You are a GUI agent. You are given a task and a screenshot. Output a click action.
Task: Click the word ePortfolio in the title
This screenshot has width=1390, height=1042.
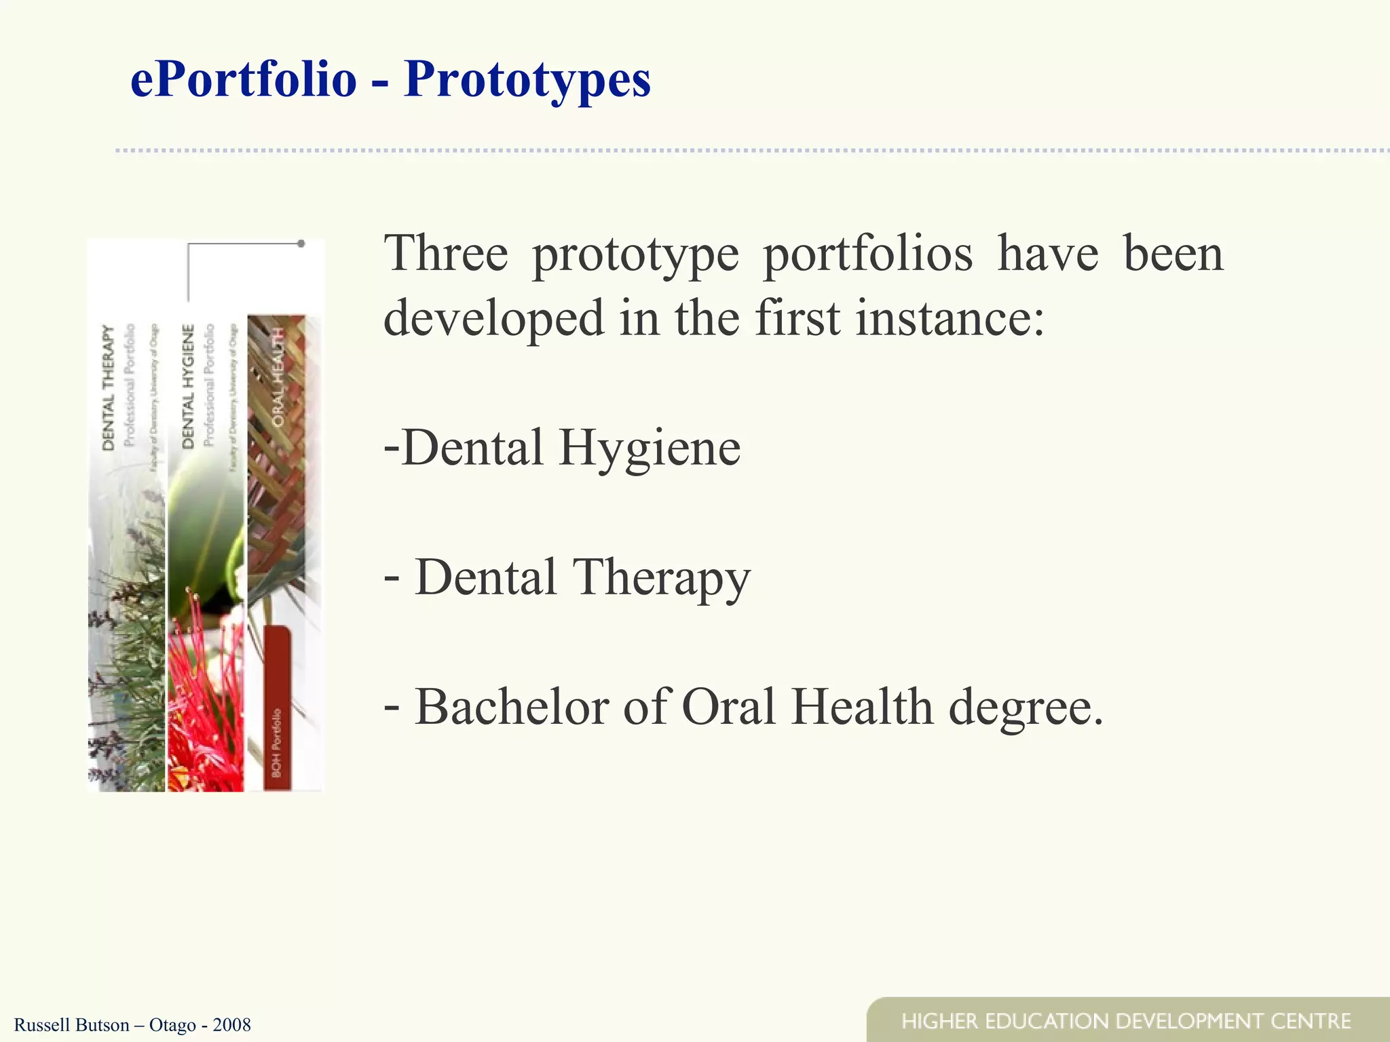[243, 80]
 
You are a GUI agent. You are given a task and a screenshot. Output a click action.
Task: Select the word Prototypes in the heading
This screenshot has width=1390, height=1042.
[527, 80]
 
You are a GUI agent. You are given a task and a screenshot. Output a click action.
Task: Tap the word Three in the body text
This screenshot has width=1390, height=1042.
[445, 254]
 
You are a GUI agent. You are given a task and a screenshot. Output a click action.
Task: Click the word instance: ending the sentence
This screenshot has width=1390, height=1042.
[950, 317]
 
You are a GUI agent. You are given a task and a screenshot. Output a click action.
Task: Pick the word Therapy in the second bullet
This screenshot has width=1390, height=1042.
[662, 577]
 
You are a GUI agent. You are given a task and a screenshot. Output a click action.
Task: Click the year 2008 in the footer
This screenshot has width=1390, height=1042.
[231, 1024]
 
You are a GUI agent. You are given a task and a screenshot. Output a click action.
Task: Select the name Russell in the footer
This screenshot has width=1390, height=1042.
[40, 1024]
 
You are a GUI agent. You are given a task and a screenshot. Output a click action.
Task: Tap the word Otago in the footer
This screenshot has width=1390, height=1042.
[172, 1024]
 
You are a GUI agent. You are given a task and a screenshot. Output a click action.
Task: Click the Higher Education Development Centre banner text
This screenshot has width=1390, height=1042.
[1126, 1021]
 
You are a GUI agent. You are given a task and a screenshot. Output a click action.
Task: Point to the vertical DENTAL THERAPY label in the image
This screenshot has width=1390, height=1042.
[109, 387]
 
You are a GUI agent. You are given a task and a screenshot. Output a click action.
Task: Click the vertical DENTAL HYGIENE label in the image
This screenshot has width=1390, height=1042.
[188, 386]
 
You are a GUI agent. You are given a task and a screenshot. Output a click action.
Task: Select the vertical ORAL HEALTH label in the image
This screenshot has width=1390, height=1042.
[278, 377]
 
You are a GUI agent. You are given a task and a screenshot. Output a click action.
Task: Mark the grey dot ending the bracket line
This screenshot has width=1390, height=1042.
[301, 243]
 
